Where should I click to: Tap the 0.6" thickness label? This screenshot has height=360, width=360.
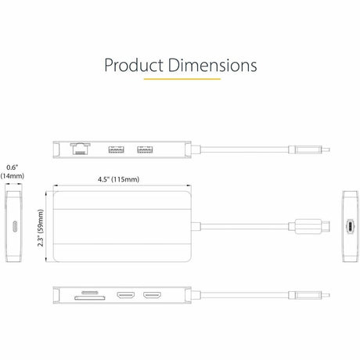12,166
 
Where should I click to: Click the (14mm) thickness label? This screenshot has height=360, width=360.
12,176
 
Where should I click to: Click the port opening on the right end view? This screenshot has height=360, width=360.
349,225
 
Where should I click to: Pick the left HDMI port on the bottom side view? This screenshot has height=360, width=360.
124,297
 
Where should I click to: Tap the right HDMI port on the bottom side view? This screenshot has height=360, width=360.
151,297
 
